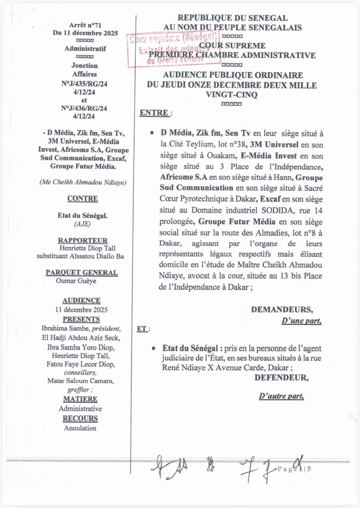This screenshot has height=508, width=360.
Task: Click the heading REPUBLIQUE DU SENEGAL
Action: click(x=232, y=18)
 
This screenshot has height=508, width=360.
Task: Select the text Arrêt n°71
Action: click(x=85, y=25)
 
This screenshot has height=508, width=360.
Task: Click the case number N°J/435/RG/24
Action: click(x=84, y=84)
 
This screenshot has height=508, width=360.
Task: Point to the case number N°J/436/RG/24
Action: click(x=84, y=108)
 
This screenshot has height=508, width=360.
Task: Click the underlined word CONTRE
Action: click(x=83, y=199)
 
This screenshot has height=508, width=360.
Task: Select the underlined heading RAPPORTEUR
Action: click(x=83, y=240)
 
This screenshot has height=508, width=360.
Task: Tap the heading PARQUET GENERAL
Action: click(x=82, y=273)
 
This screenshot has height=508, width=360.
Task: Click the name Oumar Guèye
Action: click(x=76, y=281)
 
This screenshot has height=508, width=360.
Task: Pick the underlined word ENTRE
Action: click(x=154, y=113)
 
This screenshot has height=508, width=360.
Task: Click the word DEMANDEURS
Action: click(x=282, y=309)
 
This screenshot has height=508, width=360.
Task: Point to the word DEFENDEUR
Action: click(x=281, y=378)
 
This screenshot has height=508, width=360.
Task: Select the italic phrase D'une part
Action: click(x=301, y=321)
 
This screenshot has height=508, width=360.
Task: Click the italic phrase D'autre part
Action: click(x=281, y=396)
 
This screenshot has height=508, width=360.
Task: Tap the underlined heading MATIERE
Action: click(x=80, y=399)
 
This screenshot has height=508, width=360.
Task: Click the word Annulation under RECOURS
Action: click(x=80, y=428)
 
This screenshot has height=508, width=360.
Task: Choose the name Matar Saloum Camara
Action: click(x=80, y=381)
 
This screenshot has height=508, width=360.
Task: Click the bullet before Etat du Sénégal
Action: click(x=153, y=348)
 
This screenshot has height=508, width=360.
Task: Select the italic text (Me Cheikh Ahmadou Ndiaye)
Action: click(x=83, y=182)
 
